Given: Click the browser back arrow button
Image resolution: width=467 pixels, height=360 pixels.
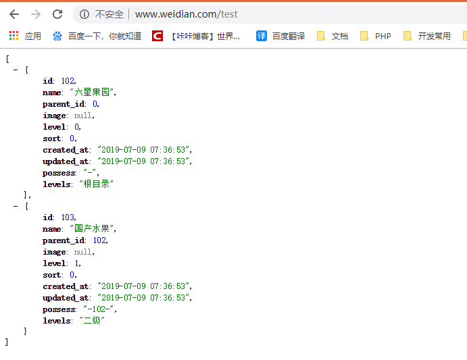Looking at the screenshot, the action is [x=14, y=14].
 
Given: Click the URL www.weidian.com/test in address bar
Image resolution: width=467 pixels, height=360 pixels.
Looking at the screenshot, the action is [x=186, y=14].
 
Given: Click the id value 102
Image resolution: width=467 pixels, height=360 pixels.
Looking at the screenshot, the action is [x=68, y=81].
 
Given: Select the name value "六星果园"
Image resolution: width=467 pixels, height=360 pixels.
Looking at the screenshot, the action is [x=93, y=93].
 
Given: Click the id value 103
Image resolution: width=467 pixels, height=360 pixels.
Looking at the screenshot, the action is [x=68, y=217].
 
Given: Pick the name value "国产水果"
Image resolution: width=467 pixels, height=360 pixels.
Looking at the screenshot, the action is [x=93, y=229].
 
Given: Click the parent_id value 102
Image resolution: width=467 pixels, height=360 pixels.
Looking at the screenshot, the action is [x=100, y=240].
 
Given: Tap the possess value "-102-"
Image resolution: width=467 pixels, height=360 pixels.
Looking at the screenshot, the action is [x=99, y=309].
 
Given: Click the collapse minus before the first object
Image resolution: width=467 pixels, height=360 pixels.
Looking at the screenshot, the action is [x=16, y=70].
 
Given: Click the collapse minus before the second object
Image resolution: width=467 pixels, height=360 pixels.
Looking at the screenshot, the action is [x=16, y=206].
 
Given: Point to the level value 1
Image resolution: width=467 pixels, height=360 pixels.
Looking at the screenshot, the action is [x=78, y=263].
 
